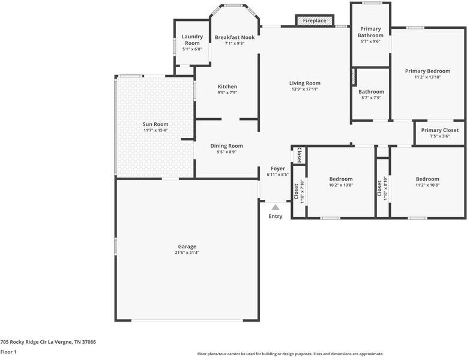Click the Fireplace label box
(x=315, y=20)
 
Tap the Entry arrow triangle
(x=276, y=208)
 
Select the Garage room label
(x=187, y=247)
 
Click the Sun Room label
(x=155, y=124)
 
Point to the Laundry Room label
(x=192, y=40)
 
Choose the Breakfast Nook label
(x=235, y=37)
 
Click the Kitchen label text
(x=227, y=86)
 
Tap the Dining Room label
(x=226, y=146)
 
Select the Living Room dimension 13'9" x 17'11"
(x=305, y=89)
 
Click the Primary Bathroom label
(x=370, y=32)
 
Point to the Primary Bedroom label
(x=427, y=71)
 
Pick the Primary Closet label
(x=439, y=130)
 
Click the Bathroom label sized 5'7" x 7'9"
(x=371, y=92)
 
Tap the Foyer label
(x=277, y=169)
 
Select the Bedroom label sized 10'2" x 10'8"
(x=341, y=179)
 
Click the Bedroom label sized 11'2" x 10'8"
(x=427, y=179)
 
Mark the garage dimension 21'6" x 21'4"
(x=187, y=253)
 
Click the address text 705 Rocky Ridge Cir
(x=48, y=342)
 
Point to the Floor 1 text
(x=8, y=352)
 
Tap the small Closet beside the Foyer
(x=298, y=155)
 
